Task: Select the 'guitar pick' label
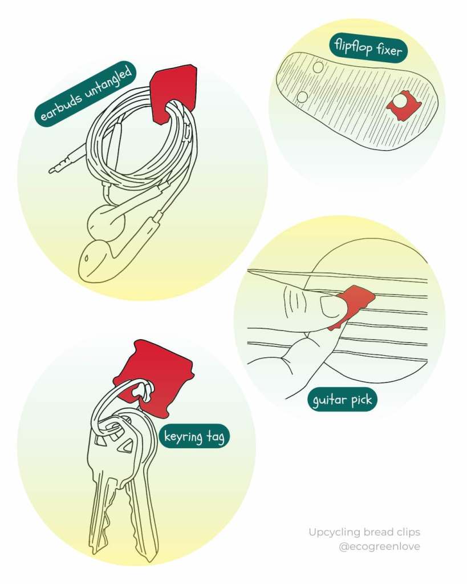pos(342,400)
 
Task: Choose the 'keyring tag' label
pos(194,437)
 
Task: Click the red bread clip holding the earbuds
pos(173,91)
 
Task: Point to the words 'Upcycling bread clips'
pos(364,532)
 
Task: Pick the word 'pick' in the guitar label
pos(361,400)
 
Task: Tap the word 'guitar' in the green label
pos(329,400)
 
